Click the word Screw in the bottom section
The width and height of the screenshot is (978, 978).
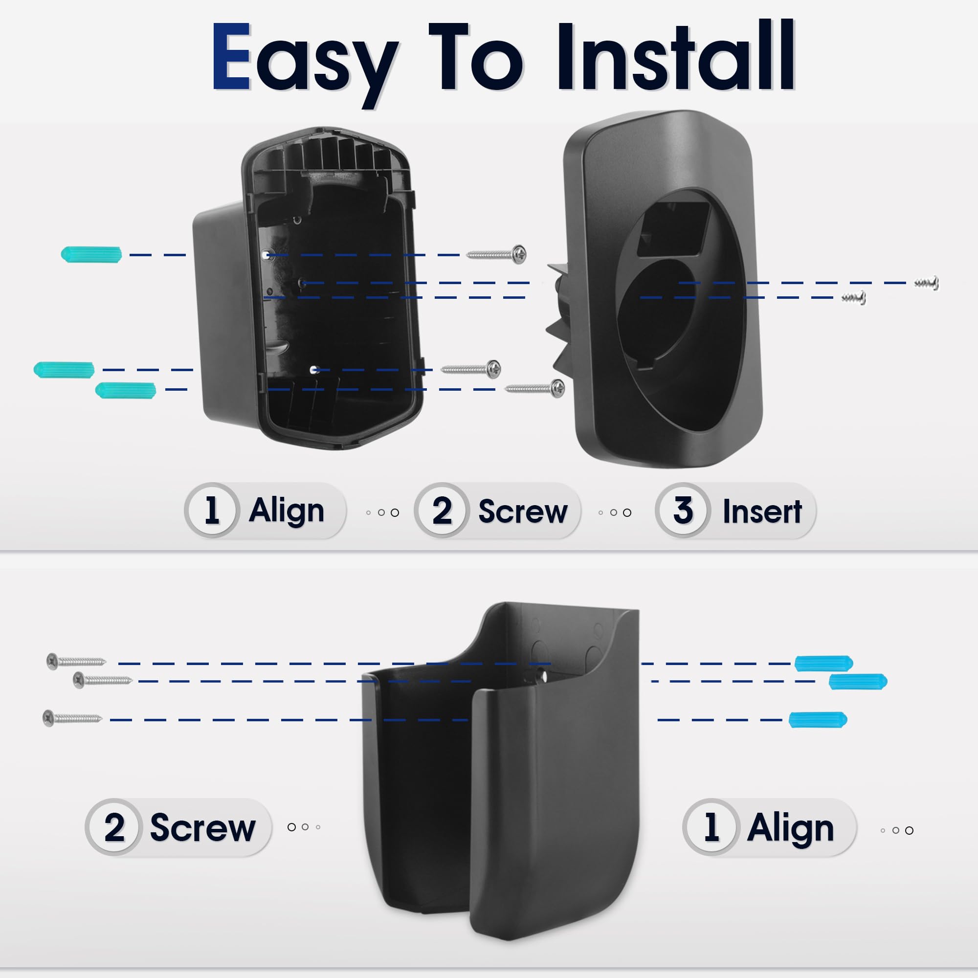tap(202, 828)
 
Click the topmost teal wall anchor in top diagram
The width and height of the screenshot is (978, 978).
tap(91, 254)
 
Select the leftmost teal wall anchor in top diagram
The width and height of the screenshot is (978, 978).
tap(64, 370)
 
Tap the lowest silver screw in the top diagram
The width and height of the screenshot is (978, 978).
tap(535, 388)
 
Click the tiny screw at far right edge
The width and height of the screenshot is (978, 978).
tap(926, 283)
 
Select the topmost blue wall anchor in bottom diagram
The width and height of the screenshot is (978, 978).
tap(823, 663)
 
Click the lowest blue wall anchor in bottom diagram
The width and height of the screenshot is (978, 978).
tap(818, 719)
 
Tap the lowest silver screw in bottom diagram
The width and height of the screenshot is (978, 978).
tap(72, 718)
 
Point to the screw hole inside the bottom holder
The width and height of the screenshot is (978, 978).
tap(542, 675)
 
